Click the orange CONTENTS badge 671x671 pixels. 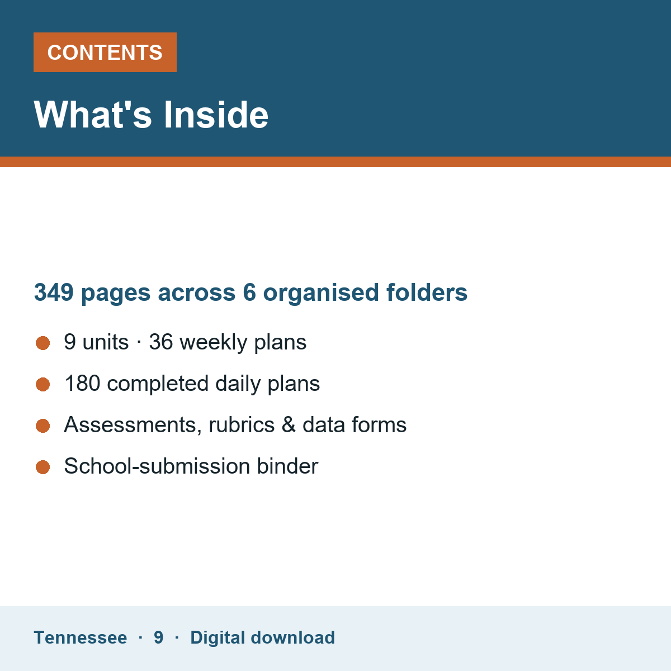pyautogui.click(x=105, y=52)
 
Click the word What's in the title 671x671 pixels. pyautogui.click(x=93, y=115)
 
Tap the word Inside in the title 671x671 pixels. pyautogui.click(x=216, y=115)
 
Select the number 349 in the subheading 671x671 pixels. pyautogui.click(x=54, y=292)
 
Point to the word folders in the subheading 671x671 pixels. pyautogui.click(x=427, y=292)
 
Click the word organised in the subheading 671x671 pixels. pyautogui.click(x=321, y=293)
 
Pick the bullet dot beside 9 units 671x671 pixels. pyautogui.click(x=43, y=343)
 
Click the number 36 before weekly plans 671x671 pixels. pyautogui.click(x=161, y=342)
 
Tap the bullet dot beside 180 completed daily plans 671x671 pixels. pyautogui.click(x=43, y=384)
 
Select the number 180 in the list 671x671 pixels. pyautogui.click(x=82, y=383)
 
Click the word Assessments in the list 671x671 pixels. pyautogui.click(x=133, y=425)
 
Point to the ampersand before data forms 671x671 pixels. pyautogui.click(x=289, y=424)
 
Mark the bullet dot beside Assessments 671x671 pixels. pyautogui.click(x=43, y=426)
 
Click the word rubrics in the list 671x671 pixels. pyautogui.click(x=242, y=424)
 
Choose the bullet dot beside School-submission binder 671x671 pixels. pyautogui.click(x=43, y=467)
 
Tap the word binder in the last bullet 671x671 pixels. pyautogui.click(x=287, y=466)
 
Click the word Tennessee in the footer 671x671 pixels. pyautogui.click(x=81, y=637)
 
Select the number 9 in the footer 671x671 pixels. pyautogui.click(x=158, y=637)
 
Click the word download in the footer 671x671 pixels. pyautogui.click(x=293, y=637)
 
